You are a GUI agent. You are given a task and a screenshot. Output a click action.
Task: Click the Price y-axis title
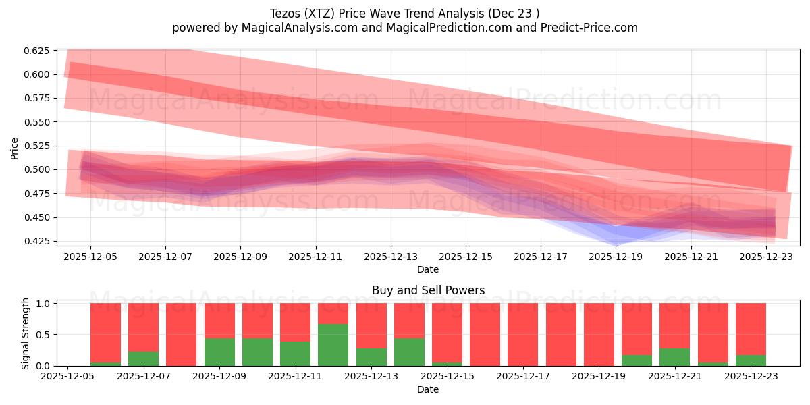tap(15, 148)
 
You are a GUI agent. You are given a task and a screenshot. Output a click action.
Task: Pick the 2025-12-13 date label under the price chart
tap(390, 256)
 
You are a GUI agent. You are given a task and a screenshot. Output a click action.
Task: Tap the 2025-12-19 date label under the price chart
tap(615, 256)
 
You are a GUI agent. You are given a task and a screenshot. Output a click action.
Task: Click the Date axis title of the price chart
tap(428, 269)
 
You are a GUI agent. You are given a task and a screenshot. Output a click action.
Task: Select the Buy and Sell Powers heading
tap(428, 291)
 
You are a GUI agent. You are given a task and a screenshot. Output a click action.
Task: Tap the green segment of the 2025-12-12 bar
tap(333, 345)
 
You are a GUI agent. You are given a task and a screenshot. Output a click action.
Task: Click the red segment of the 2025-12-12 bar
tap(333, 313)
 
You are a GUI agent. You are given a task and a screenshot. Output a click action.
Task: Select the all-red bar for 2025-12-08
tap(181, 334)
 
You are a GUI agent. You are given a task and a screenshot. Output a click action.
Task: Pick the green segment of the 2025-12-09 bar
tap(219, 352)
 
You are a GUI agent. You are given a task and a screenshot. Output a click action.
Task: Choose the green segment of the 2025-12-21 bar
tap(674, 357)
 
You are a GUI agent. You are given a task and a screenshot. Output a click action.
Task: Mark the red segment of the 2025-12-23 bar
tap(751, 328)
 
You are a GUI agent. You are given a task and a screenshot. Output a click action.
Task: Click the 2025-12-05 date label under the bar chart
tap(67, 377)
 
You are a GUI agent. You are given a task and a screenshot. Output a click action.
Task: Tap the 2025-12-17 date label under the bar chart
tap(522, 377)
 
